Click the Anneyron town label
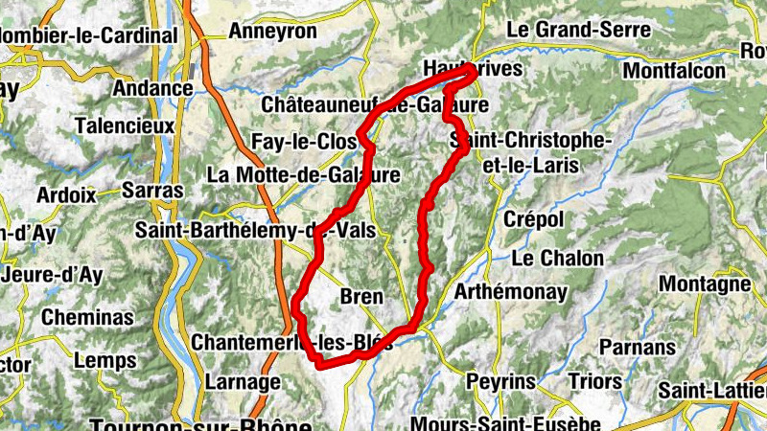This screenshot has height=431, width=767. (x=272, y=31)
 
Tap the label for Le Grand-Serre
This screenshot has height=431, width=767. (x=578, y=29)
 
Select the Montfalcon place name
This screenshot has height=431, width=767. (x=674, y=70)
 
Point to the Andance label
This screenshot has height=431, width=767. (x=152, y=88)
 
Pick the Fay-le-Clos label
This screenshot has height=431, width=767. (x=304, y=142)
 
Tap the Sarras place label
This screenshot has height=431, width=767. (x=152, y=190)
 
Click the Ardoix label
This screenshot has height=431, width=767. (x=66, y=194)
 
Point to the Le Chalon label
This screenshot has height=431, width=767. (x=557, y=258)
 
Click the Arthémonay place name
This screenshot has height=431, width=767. (x=511, y=291)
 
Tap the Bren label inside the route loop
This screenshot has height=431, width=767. (x=361, y=297)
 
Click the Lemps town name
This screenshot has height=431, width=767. (x=105, y=361)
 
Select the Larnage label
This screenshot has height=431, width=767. (x=243, y=381)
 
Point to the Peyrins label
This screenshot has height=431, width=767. (x=500, y=381)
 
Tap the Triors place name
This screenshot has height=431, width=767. (x=594, y=381)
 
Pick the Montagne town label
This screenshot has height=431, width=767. (x=705, y=284)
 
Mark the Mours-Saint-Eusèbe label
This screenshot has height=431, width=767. (x=493, y=422)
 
